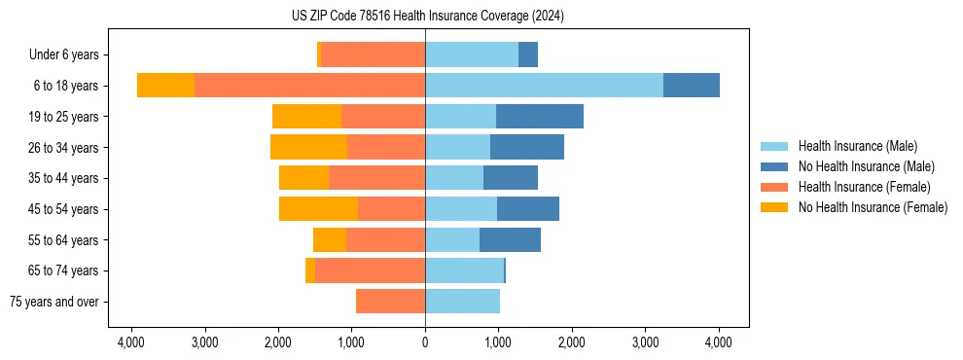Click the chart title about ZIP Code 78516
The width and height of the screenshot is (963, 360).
click(427, 16)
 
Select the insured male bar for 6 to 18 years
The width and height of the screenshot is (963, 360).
click(544, 85)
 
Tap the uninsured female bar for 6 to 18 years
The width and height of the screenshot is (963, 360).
click(165, 85)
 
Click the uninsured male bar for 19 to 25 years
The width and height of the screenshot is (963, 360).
click(540, 116)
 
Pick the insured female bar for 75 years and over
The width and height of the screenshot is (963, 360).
click(390, 302)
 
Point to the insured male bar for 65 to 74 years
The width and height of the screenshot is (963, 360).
click(464, 270)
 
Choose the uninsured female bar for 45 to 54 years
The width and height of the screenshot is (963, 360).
click(318, 208)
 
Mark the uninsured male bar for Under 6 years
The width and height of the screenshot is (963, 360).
click(528, 54)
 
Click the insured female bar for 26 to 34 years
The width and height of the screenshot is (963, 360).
click(386, 147)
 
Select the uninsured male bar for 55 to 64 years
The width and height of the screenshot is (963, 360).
click(510, 239)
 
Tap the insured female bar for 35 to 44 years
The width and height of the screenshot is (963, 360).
click(376, 178)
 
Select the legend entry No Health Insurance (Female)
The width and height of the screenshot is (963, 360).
click(873, 207)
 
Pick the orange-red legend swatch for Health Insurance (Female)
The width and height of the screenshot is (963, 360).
click(774, 187)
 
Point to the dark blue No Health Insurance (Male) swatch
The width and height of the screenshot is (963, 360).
click(774, 166)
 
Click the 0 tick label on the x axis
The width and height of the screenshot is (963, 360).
click(425, 342)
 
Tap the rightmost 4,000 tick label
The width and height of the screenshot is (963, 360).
click(718, 342)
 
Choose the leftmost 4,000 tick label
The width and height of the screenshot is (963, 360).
click(131, 342)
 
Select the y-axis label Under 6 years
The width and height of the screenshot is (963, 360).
click(70, 54)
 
